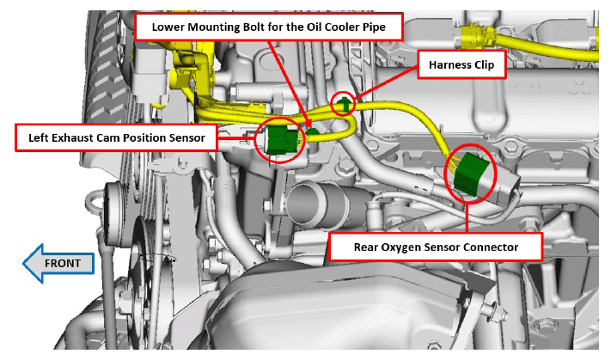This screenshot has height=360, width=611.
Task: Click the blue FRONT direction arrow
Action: (58, 264)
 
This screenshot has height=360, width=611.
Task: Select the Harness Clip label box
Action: (461, 64)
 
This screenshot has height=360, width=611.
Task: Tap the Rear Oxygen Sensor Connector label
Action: (436, 247)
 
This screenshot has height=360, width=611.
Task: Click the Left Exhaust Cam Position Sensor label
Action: (117, 137)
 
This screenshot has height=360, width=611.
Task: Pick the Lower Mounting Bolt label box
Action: (268, 27)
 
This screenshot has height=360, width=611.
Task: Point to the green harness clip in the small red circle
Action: (344, 104)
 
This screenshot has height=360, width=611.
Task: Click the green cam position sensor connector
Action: (283, 140)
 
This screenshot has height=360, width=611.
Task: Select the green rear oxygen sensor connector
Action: (470, 174)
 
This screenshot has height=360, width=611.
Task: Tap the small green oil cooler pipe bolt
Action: (312, 132)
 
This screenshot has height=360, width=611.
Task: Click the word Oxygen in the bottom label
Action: (401, 247)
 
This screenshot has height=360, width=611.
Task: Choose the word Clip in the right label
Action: (485, 64)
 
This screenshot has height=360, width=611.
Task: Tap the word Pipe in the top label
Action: (375, 27)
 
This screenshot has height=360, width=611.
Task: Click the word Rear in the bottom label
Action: (366, 247)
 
